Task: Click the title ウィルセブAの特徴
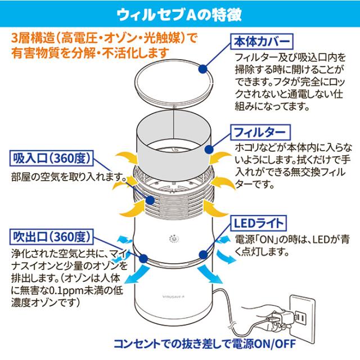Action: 180,12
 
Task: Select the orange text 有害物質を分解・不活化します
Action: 90,53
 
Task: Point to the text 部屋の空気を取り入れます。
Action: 67,176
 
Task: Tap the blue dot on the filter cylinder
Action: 210,151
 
